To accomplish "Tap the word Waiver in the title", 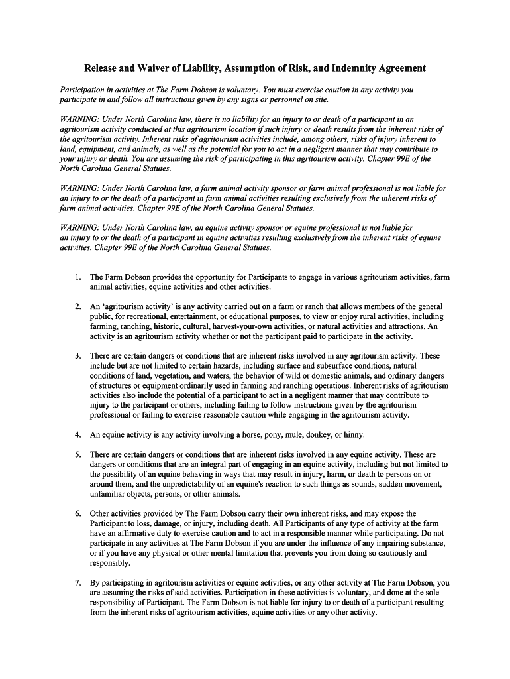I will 150,68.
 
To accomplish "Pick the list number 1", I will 77,277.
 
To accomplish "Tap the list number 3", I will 77,356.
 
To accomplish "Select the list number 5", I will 77,455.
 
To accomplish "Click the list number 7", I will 77,583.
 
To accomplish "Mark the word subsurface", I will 324,366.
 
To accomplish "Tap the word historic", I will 171,326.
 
